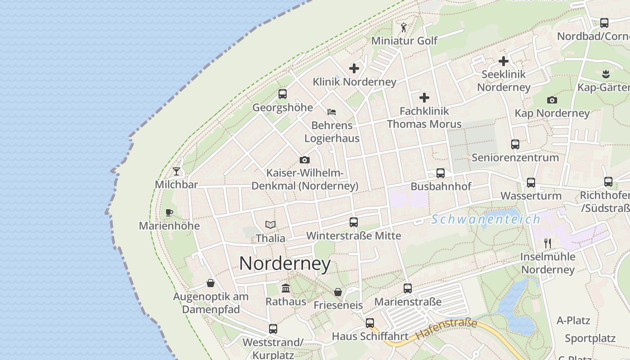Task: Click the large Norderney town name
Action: point(285,263)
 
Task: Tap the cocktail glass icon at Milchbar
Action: point(176,171)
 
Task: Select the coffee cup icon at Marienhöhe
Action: point(169,212)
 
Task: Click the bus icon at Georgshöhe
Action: point(283,94)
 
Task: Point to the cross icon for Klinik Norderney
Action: point(354,68)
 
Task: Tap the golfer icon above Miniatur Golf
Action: point(404,27)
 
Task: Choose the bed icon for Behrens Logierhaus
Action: point(332,112)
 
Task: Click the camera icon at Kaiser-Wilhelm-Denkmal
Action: point(305,160)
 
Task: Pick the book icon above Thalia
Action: point(270,225)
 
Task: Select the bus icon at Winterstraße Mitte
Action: point(354,222)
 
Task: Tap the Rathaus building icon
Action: point(285,288)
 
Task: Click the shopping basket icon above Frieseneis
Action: point(338,292)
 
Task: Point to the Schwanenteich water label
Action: point(486,220)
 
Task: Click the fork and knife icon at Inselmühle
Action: point(548,243)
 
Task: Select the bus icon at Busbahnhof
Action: point(441,173)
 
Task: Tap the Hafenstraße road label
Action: point(446,329)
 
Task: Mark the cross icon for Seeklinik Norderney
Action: point(504,61)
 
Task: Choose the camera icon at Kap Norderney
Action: point(552,100)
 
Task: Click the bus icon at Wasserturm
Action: point(531,183)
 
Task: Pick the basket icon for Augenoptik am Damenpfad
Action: point(211,283)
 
